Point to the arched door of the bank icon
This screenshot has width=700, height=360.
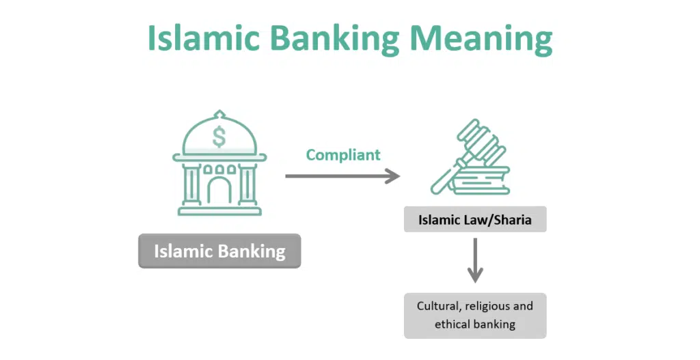click(x=219, y=191)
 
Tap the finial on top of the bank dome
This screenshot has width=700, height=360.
click(x=219, y=114)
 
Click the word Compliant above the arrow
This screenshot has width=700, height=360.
click(x=343, y=155)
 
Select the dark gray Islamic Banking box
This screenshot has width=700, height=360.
click(x=219, y=251)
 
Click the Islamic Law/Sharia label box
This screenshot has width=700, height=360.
click(x=475, y=219)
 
